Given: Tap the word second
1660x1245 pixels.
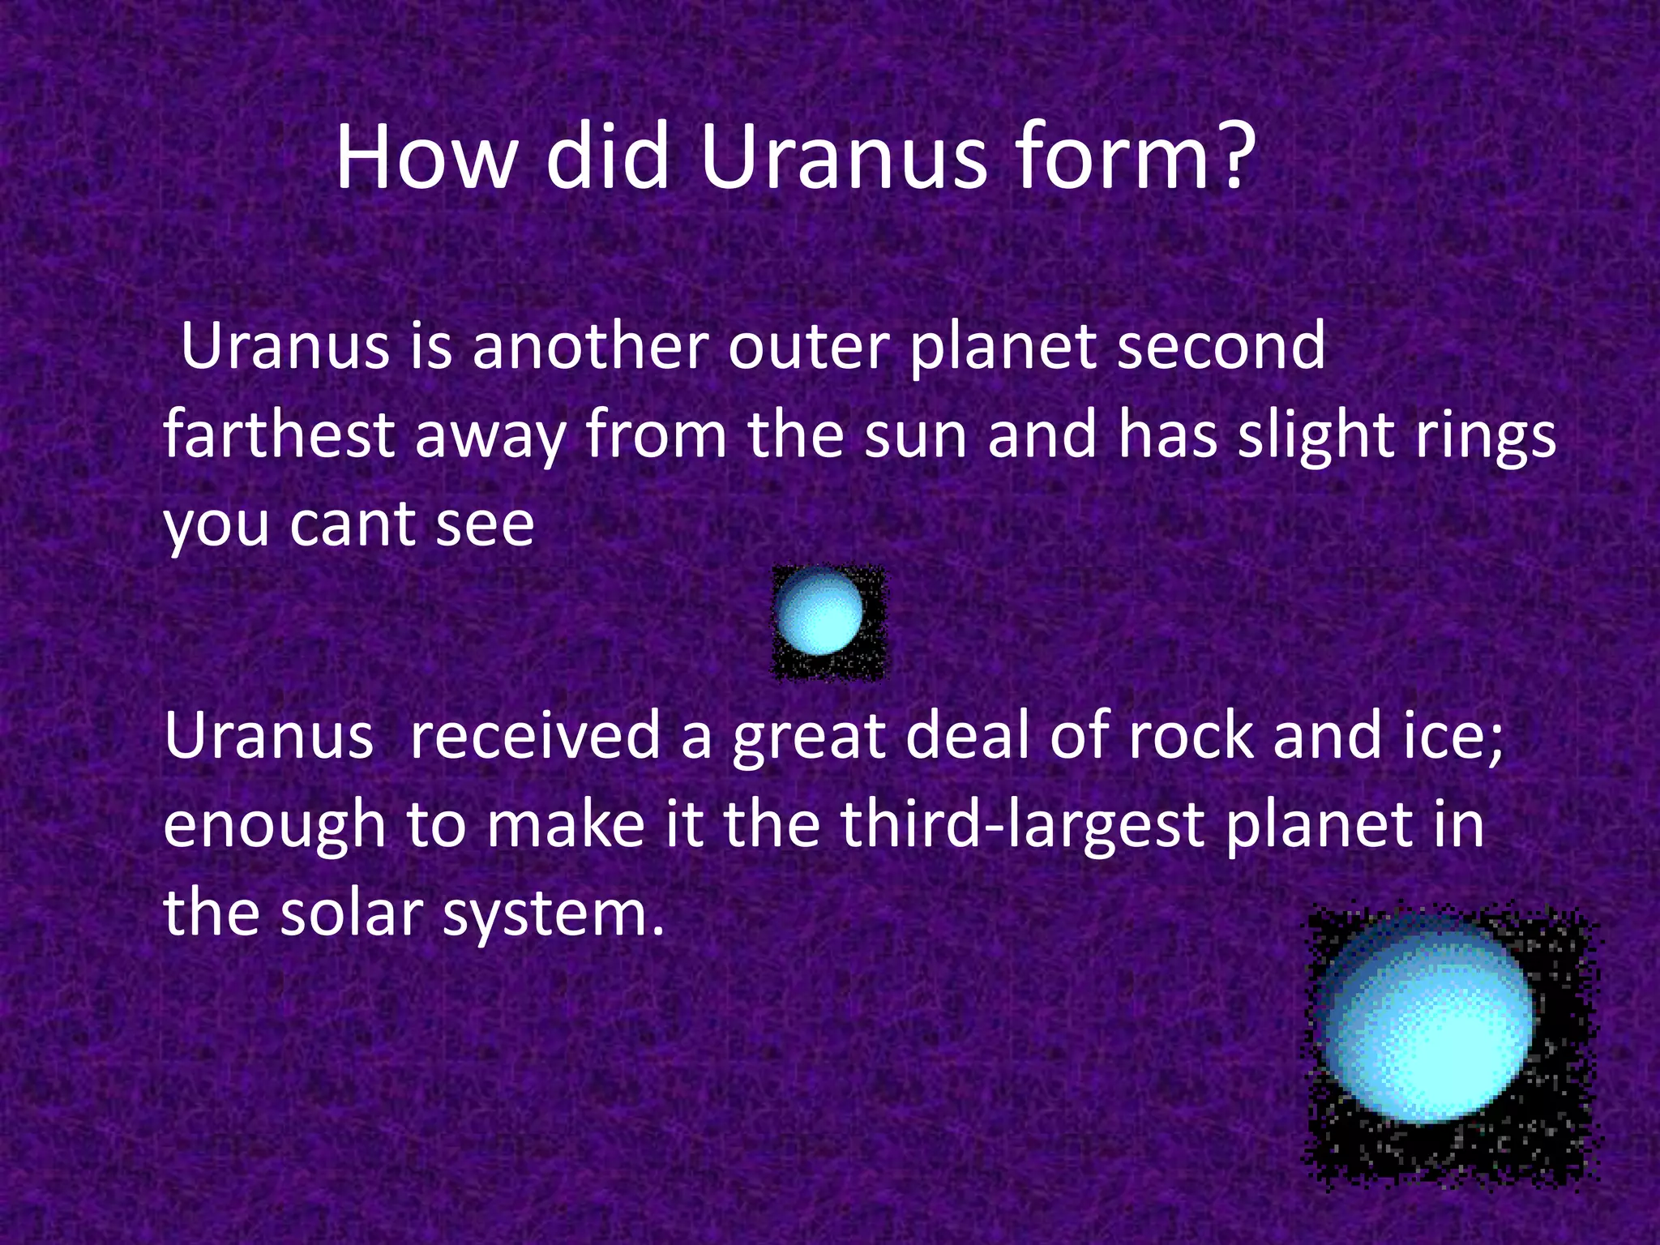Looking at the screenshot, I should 1220,347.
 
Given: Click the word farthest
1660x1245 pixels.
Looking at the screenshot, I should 280,435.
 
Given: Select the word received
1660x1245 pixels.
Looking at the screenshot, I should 535,736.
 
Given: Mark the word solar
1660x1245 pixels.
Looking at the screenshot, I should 353,913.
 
